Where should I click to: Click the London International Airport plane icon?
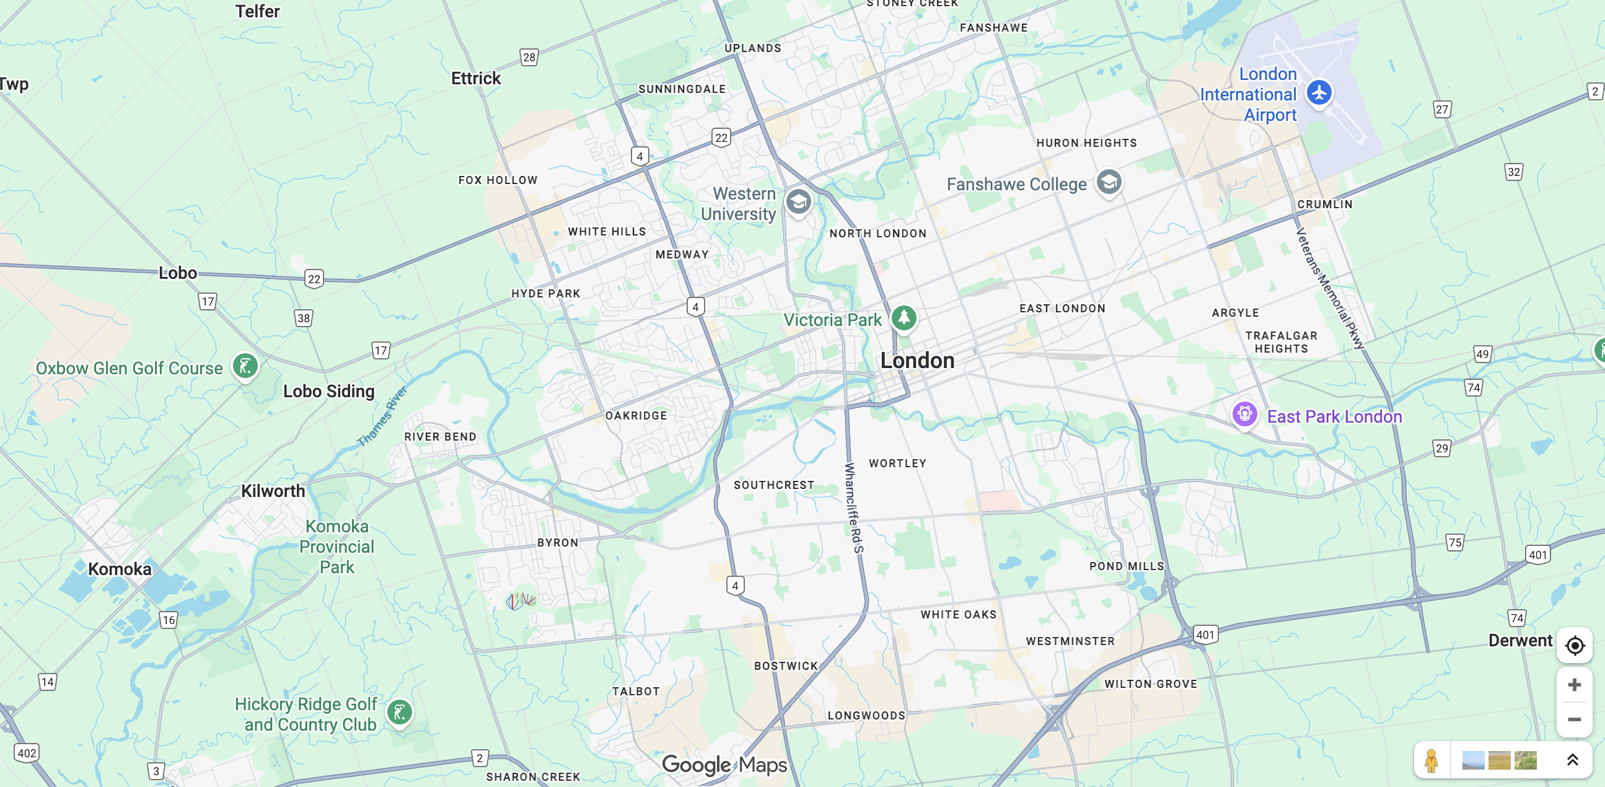(x=1319, y=92)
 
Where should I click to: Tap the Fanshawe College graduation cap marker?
(x=1109, y=182)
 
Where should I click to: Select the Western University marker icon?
(x=798, y=201)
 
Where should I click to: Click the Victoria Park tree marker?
(x=904, y=318)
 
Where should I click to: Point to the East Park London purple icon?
(x=1244, y=414)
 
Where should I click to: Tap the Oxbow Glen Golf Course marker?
(x=245, y=366)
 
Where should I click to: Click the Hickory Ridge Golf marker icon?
(x=399, y=711)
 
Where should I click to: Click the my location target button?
(x=1575, y=646)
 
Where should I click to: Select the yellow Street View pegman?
(x=1431, y=760)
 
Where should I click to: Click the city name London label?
(x=917, y=360)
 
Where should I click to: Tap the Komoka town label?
(x=120, y=569)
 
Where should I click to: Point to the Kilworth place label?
(x=273, y=491)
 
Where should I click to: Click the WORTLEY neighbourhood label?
(x=897, y=463)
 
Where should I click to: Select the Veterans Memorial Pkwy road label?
(x=1330, y=288)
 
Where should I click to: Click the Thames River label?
(x=381, y=416)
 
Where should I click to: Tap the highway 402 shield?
(x=27, y=753)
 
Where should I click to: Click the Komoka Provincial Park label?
(x=336, y=547)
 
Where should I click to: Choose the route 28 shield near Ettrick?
(x=529, y=58)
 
